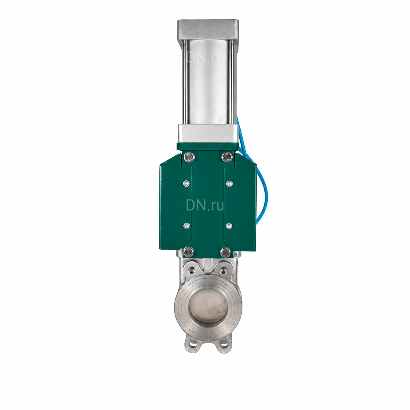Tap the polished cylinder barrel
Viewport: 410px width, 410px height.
click(x=208, y=82)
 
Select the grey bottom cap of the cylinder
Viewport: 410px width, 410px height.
click(x=208, y=133)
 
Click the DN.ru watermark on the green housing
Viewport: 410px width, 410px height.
click(x=205, y=205)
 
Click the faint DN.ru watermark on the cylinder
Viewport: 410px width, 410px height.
click(x=205, y=57)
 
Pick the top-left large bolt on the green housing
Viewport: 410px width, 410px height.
click(x=189, y=157)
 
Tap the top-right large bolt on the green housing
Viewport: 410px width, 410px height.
click(x=227, y=157)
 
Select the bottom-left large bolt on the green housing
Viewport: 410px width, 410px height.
click(x=189, y=252)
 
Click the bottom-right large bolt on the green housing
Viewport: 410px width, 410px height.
click(x=226, y=253)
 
